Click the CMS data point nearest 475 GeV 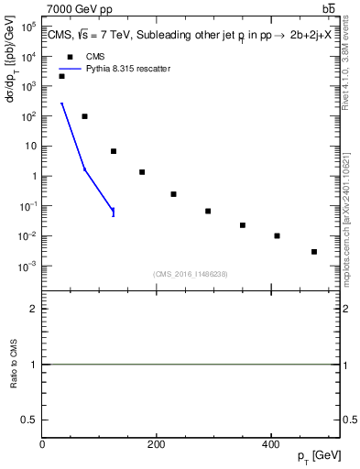(314, 252)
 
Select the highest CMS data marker (62, 76)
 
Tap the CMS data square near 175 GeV (142, 172)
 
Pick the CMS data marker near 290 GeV (208, 212)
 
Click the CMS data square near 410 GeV (277, 236)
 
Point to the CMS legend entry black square (71, 56)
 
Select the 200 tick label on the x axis (157, 444)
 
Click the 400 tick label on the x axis (270, 444)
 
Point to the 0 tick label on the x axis (42, 444)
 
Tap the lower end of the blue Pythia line (114, 213)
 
